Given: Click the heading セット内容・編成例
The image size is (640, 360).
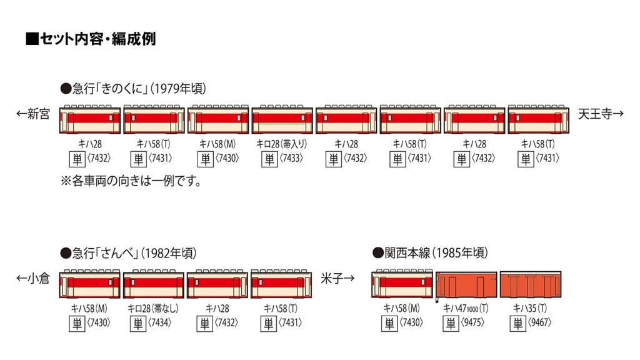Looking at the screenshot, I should click(91, 39).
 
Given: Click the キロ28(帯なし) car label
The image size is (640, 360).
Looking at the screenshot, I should click(152, 307).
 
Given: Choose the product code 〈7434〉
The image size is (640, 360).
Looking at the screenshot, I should click(163, 324).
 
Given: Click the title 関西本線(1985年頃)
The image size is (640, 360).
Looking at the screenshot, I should click(431, 253).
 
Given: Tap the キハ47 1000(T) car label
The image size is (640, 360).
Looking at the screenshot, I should click(466, 307).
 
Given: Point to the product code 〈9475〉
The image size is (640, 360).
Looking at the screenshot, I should click(476, 324).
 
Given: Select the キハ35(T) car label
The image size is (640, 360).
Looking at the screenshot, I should click(529, 307).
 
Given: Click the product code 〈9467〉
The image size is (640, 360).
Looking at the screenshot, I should click(540, 324).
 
